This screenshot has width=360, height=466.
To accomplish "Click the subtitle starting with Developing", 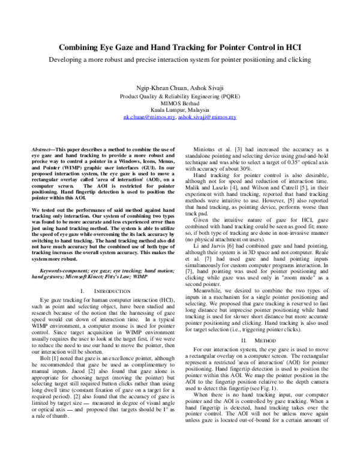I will pyautogui.click(x=179, y=60).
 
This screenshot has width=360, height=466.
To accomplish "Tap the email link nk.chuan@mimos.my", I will pyautogui.click(x=149, y=118).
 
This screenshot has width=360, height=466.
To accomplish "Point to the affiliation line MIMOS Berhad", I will pyautogui.click(x=179, y=103).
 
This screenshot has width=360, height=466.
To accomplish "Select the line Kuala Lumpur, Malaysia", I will pyautogui.click(x=179, y=110).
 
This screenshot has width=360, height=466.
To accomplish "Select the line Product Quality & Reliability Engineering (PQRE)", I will pyautogui.click(x=179, y=95).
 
